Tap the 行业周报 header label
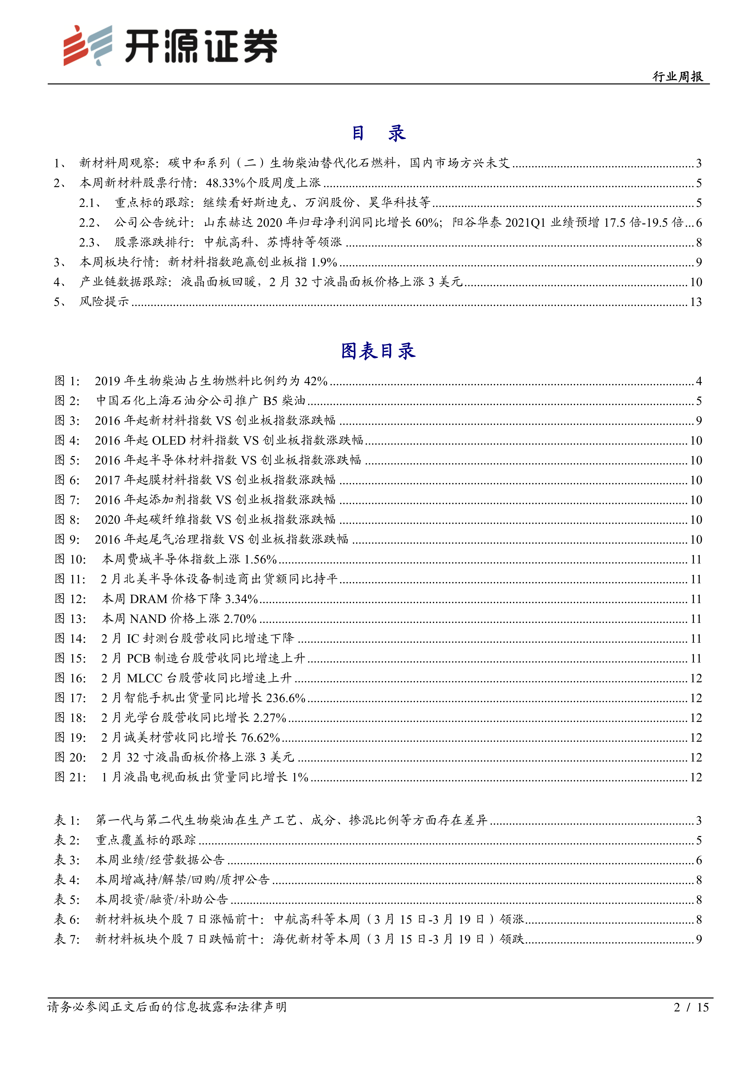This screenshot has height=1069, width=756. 677,76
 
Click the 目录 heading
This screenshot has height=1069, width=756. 378,133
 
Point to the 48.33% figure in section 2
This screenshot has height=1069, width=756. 225,183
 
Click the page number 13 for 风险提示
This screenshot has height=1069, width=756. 695,302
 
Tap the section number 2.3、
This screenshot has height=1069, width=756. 90,242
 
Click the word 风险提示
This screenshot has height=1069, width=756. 104,302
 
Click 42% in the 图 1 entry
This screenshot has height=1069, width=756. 316,381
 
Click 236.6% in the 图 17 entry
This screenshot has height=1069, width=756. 285,698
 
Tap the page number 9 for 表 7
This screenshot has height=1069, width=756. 698,939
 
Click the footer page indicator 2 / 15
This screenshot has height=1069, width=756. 691,1007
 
